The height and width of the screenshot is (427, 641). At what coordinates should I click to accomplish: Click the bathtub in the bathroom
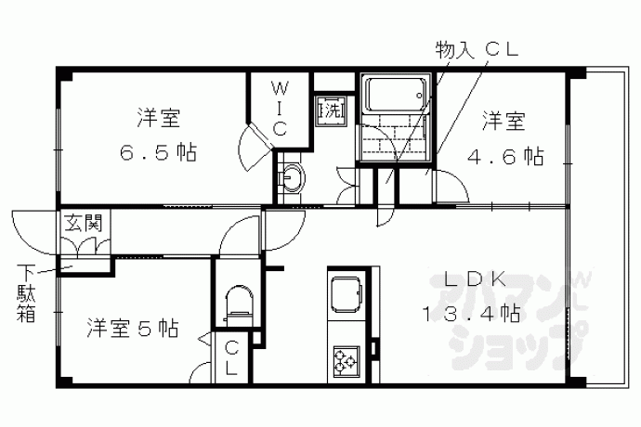396,95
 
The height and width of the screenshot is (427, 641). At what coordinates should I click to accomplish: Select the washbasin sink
292,178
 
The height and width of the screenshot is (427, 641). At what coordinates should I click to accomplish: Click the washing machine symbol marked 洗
331,110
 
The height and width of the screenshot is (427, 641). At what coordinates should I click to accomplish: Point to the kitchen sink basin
346,294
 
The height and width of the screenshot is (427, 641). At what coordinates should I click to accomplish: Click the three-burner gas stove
346,361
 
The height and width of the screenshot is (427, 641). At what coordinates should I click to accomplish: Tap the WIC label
280,109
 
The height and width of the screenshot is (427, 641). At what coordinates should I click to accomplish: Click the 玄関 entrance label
83,223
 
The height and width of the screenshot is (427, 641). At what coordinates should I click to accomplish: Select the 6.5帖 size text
158,153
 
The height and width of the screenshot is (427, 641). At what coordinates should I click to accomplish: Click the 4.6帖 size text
505,156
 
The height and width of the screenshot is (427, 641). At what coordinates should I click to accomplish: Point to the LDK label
475,280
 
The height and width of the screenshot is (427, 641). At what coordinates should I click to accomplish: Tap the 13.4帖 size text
470,315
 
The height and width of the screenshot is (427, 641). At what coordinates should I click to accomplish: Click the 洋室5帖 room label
133,328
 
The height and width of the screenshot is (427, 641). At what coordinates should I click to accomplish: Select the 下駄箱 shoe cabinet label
25,293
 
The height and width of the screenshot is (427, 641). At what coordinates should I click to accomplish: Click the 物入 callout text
454,51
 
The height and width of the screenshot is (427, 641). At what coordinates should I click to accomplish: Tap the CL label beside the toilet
232,359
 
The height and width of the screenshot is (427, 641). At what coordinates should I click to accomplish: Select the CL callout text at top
502,50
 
